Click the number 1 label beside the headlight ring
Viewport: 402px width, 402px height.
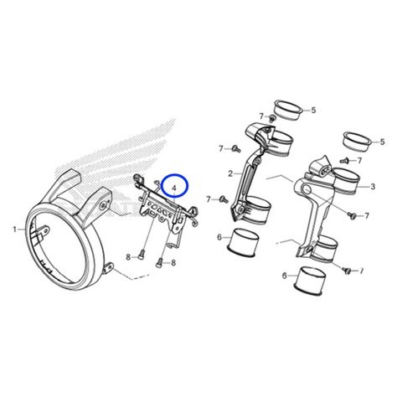14,229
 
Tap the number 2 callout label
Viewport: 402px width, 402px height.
230,173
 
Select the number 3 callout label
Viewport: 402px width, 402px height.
373,187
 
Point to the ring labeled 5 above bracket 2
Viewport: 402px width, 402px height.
288,111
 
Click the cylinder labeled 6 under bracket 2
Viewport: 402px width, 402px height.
244,242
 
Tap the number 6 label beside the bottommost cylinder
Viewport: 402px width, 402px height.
284,276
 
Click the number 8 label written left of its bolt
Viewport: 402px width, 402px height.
128,257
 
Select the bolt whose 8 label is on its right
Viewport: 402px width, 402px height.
159,262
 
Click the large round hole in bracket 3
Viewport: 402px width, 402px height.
307,190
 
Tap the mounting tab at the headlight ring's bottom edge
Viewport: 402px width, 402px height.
108,268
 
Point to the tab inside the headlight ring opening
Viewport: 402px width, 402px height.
43,231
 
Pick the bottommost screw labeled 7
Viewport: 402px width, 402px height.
348,271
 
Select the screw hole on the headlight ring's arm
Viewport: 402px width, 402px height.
104,205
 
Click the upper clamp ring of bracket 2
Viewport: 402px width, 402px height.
278,142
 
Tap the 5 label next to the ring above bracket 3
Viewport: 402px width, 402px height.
382,142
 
